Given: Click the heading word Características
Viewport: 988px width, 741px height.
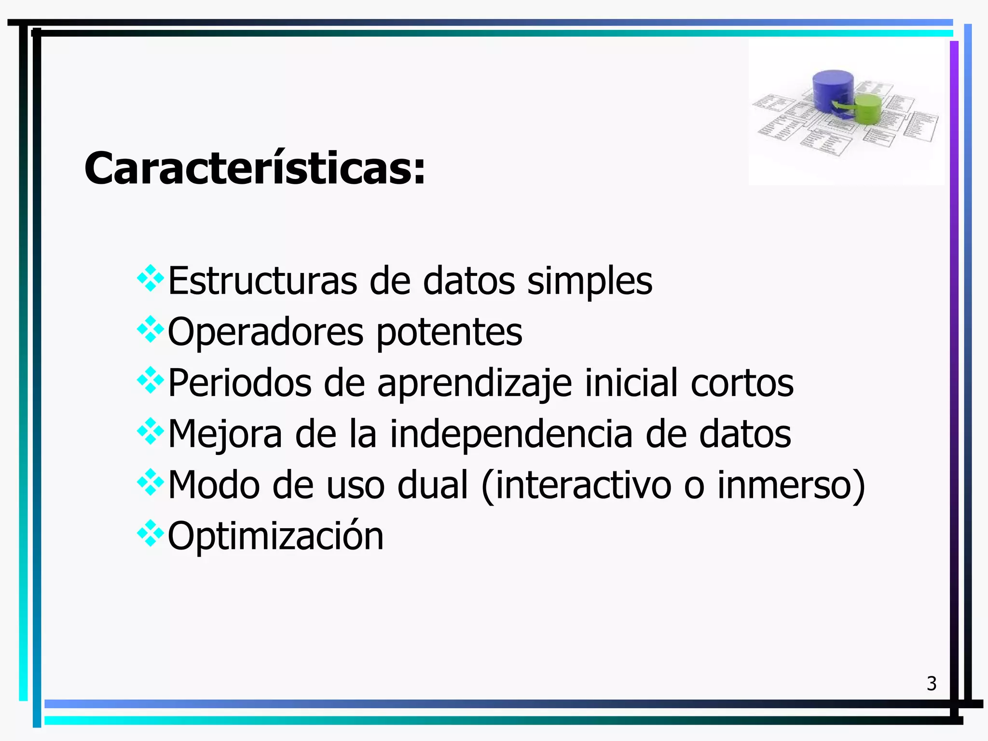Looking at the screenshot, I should pyautogui.click(x=255, y=168).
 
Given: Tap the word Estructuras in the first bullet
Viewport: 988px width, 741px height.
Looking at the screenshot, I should pyautogui.click(x=262, y=281).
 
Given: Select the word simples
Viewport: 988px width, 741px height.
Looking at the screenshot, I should pyautogui.click(x=590, y=282).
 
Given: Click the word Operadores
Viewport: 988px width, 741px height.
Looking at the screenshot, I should pyautogui.click(x=265, y=332).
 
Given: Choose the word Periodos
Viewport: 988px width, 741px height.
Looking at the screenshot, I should pyautogui.click(x=240, y=383).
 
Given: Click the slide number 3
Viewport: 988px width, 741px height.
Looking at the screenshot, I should pyautogui.click(x=932, y=684).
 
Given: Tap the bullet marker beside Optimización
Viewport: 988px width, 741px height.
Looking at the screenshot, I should pyautogui.click(x=151, y=533).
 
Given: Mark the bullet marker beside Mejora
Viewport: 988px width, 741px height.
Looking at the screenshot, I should pyautogui.click(x=151, y=431).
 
